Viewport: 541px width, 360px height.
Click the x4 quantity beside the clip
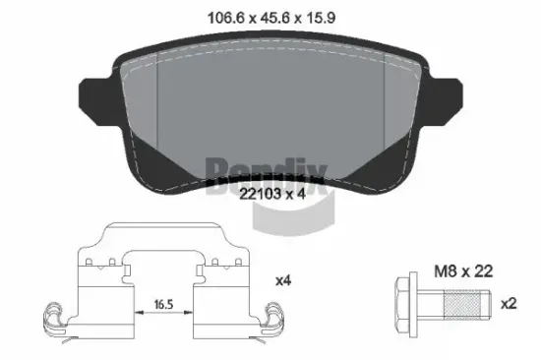(282, 281)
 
